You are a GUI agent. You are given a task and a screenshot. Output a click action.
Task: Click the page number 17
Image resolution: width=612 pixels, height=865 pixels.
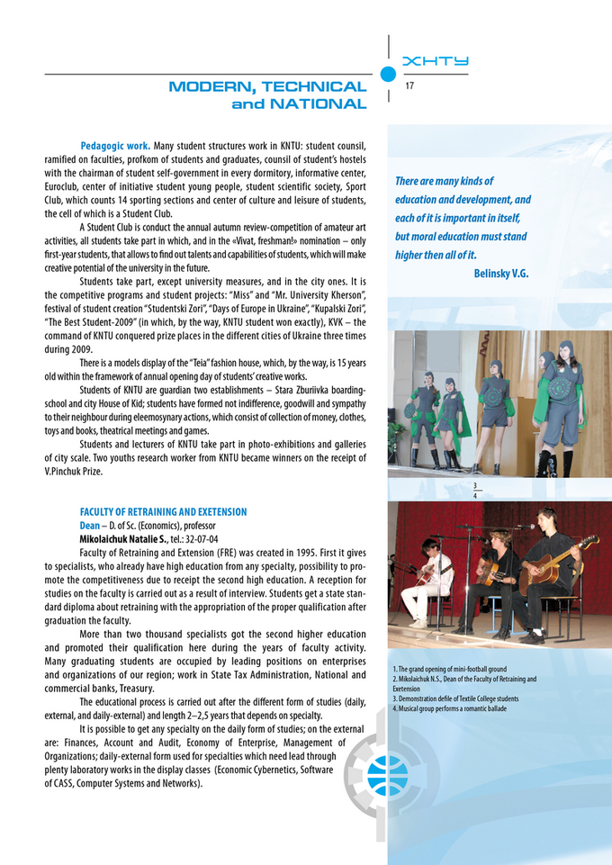pos(409,86)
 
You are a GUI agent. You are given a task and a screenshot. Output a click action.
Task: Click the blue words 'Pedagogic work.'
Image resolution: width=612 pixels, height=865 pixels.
pos(114,144)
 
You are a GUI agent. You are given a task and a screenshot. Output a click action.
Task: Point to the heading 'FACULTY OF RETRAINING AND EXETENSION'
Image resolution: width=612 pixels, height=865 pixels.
pos(163,511)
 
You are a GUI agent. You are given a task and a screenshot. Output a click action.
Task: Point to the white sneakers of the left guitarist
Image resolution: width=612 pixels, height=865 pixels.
pos(419,622)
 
